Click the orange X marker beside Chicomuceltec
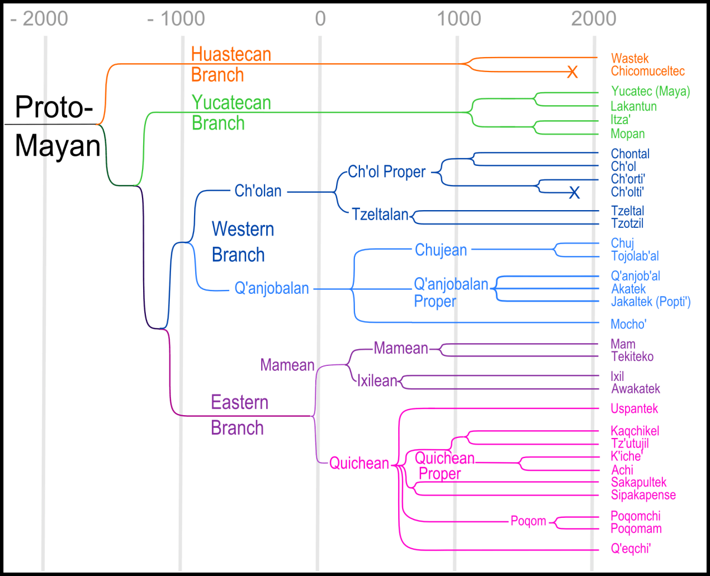572,72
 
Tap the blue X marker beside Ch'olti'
574,192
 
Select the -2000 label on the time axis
39,19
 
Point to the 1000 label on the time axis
459,19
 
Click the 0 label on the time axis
320,19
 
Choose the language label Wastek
630,58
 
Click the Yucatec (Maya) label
651,91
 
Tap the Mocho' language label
628,324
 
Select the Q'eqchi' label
631,549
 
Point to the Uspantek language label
634,409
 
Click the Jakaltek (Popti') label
651,302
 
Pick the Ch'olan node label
258,191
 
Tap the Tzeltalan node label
380,215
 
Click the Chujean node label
441,250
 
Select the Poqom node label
528,521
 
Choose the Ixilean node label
377,381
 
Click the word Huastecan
231,54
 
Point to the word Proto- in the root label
54,107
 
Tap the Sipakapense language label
643,495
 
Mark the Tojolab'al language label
635,256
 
